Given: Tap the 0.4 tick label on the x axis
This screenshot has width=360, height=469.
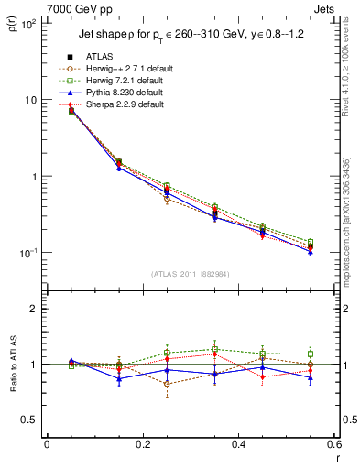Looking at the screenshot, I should click(x=238, y=444).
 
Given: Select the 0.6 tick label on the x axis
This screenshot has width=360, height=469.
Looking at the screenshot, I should click(x=333, y=444).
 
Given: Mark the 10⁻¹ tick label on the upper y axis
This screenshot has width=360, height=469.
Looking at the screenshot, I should click(x=28, y=253).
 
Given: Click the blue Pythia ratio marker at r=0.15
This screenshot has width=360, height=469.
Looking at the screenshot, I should click(x=119, y=378).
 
